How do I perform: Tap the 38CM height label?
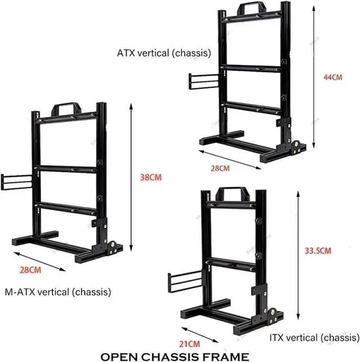pos(151,177)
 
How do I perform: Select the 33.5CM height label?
pos(318,251)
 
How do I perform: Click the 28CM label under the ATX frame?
pos(221,168)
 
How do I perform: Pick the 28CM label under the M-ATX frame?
pos(30,270)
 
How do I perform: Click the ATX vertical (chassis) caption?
pos(164,54)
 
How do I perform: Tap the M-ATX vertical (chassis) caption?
pos(57,292)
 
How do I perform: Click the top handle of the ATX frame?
pos(251,8)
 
